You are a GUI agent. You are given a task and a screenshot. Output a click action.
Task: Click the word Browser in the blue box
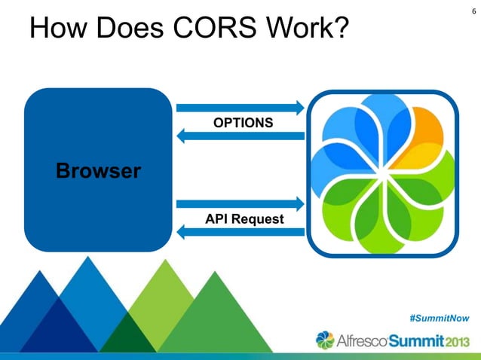click(98, 172)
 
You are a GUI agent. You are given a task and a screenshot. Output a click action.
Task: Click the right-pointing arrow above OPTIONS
click(240, 106)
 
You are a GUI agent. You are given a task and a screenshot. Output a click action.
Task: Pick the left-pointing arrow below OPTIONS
click(240, 136)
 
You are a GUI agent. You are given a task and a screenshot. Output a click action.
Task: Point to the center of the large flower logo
click(384, 173)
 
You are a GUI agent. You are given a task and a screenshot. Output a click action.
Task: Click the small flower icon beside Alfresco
click(325, 340)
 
